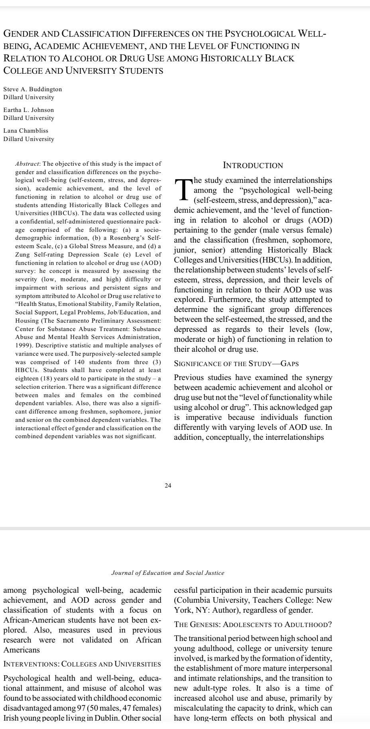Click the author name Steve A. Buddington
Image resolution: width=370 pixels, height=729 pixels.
(33, 89)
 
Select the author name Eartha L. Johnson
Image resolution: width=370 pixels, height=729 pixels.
(29, 110)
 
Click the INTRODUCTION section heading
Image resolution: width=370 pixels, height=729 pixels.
(253, 165)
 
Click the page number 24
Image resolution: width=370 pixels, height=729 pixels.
(168, 486)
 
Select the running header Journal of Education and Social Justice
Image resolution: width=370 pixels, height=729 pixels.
(167, 573)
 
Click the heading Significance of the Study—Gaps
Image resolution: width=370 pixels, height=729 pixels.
(236, 364)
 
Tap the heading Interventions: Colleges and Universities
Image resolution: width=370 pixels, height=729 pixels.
(82, 664)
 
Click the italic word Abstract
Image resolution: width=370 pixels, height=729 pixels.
(28, 164)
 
